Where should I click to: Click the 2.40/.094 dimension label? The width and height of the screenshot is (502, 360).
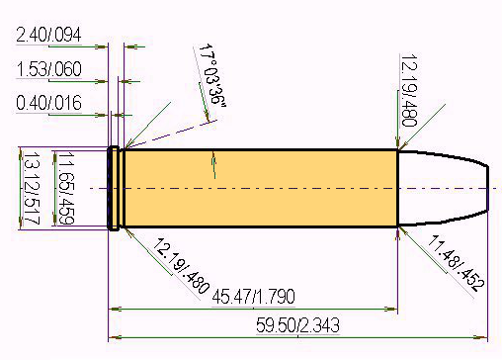(x=48, y=35)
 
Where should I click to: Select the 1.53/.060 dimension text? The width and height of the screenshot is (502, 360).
(x=48, y=69)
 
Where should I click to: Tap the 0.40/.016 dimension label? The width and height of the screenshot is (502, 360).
(x=48, y=103)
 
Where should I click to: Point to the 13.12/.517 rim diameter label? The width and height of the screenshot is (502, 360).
(x=32, y=188)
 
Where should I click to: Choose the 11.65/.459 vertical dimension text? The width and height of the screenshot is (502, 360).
(x=66, y=188)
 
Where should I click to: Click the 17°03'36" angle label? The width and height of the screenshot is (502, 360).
(x=212, y=75)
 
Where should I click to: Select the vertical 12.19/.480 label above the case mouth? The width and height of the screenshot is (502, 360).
(x=409, y=90)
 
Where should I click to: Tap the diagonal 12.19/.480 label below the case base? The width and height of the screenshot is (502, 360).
(x=181, y=266)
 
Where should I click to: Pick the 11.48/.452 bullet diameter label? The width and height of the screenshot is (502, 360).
(x=457, y=263)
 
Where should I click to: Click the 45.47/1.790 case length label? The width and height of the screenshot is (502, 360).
(x=253, y=297)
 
